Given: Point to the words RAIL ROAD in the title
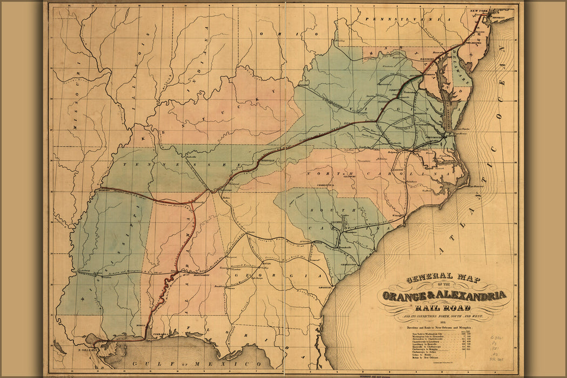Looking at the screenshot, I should tap(445, 307).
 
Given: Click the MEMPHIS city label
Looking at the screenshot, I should tap(106, 190).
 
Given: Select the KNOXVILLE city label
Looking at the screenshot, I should tap(267, 161).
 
